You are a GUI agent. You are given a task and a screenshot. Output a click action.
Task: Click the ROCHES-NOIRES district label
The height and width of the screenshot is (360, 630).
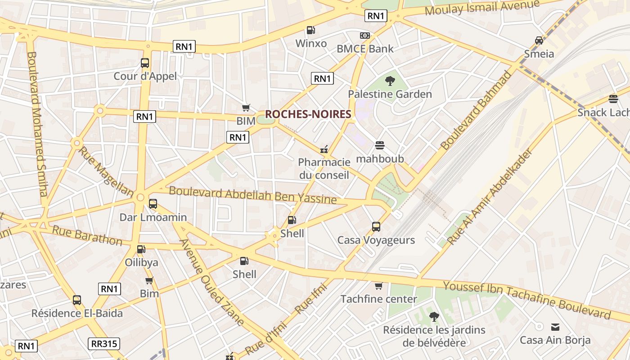click(x=308, y=114)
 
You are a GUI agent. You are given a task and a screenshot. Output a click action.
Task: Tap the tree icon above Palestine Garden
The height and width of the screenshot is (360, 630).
click(x=390, y=81)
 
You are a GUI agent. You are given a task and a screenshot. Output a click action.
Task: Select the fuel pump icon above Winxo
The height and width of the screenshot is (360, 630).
click(x=310, y=30)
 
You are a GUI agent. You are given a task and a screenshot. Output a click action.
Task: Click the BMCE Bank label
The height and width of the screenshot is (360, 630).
click(x=365, y=49)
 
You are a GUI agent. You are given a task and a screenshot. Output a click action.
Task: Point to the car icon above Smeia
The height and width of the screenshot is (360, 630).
click(x=539, y=40)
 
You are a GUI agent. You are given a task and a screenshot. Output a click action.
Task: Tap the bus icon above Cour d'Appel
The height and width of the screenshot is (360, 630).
click(x=145, y=63)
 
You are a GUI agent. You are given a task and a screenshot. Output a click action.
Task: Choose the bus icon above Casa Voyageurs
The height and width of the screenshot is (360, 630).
click(x=376, y=227)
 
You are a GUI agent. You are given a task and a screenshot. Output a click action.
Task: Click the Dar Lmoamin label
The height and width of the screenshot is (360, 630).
click(x=153, y=217)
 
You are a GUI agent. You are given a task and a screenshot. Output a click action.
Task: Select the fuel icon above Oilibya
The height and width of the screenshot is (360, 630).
click(x=141, y=249)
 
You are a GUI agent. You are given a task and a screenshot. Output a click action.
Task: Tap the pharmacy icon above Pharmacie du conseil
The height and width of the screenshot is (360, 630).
click(x=324, y=149)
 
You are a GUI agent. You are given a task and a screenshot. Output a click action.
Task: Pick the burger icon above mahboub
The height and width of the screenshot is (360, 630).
click(x=380, y=145)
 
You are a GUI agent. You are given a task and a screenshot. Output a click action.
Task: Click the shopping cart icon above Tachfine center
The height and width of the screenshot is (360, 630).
click(x=378, y=286)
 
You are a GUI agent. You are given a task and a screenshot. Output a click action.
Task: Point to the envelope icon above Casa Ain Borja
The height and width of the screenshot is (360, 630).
click(x=555, y=327)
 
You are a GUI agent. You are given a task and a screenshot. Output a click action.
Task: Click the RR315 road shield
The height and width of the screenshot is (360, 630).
click(x=104, y=344)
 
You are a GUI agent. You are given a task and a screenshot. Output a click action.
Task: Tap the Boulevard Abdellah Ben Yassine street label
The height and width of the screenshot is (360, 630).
click(x=252, y=195)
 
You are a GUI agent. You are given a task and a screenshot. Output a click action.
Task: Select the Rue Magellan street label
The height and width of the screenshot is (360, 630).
click(x=106, y=171)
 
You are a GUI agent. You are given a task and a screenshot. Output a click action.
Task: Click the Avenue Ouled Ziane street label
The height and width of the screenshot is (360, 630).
click(x=212, y=282)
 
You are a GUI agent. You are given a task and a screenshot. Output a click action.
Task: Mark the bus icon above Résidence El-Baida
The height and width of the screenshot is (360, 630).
click(x=77, y=300)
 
